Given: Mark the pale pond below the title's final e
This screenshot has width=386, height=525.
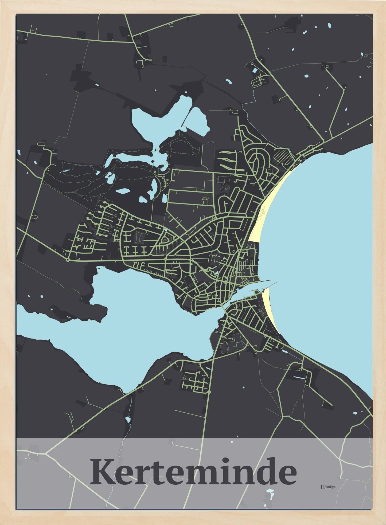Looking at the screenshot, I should click(270, 491).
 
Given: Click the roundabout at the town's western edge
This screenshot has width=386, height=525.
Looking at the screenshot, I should click(68, 260).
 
